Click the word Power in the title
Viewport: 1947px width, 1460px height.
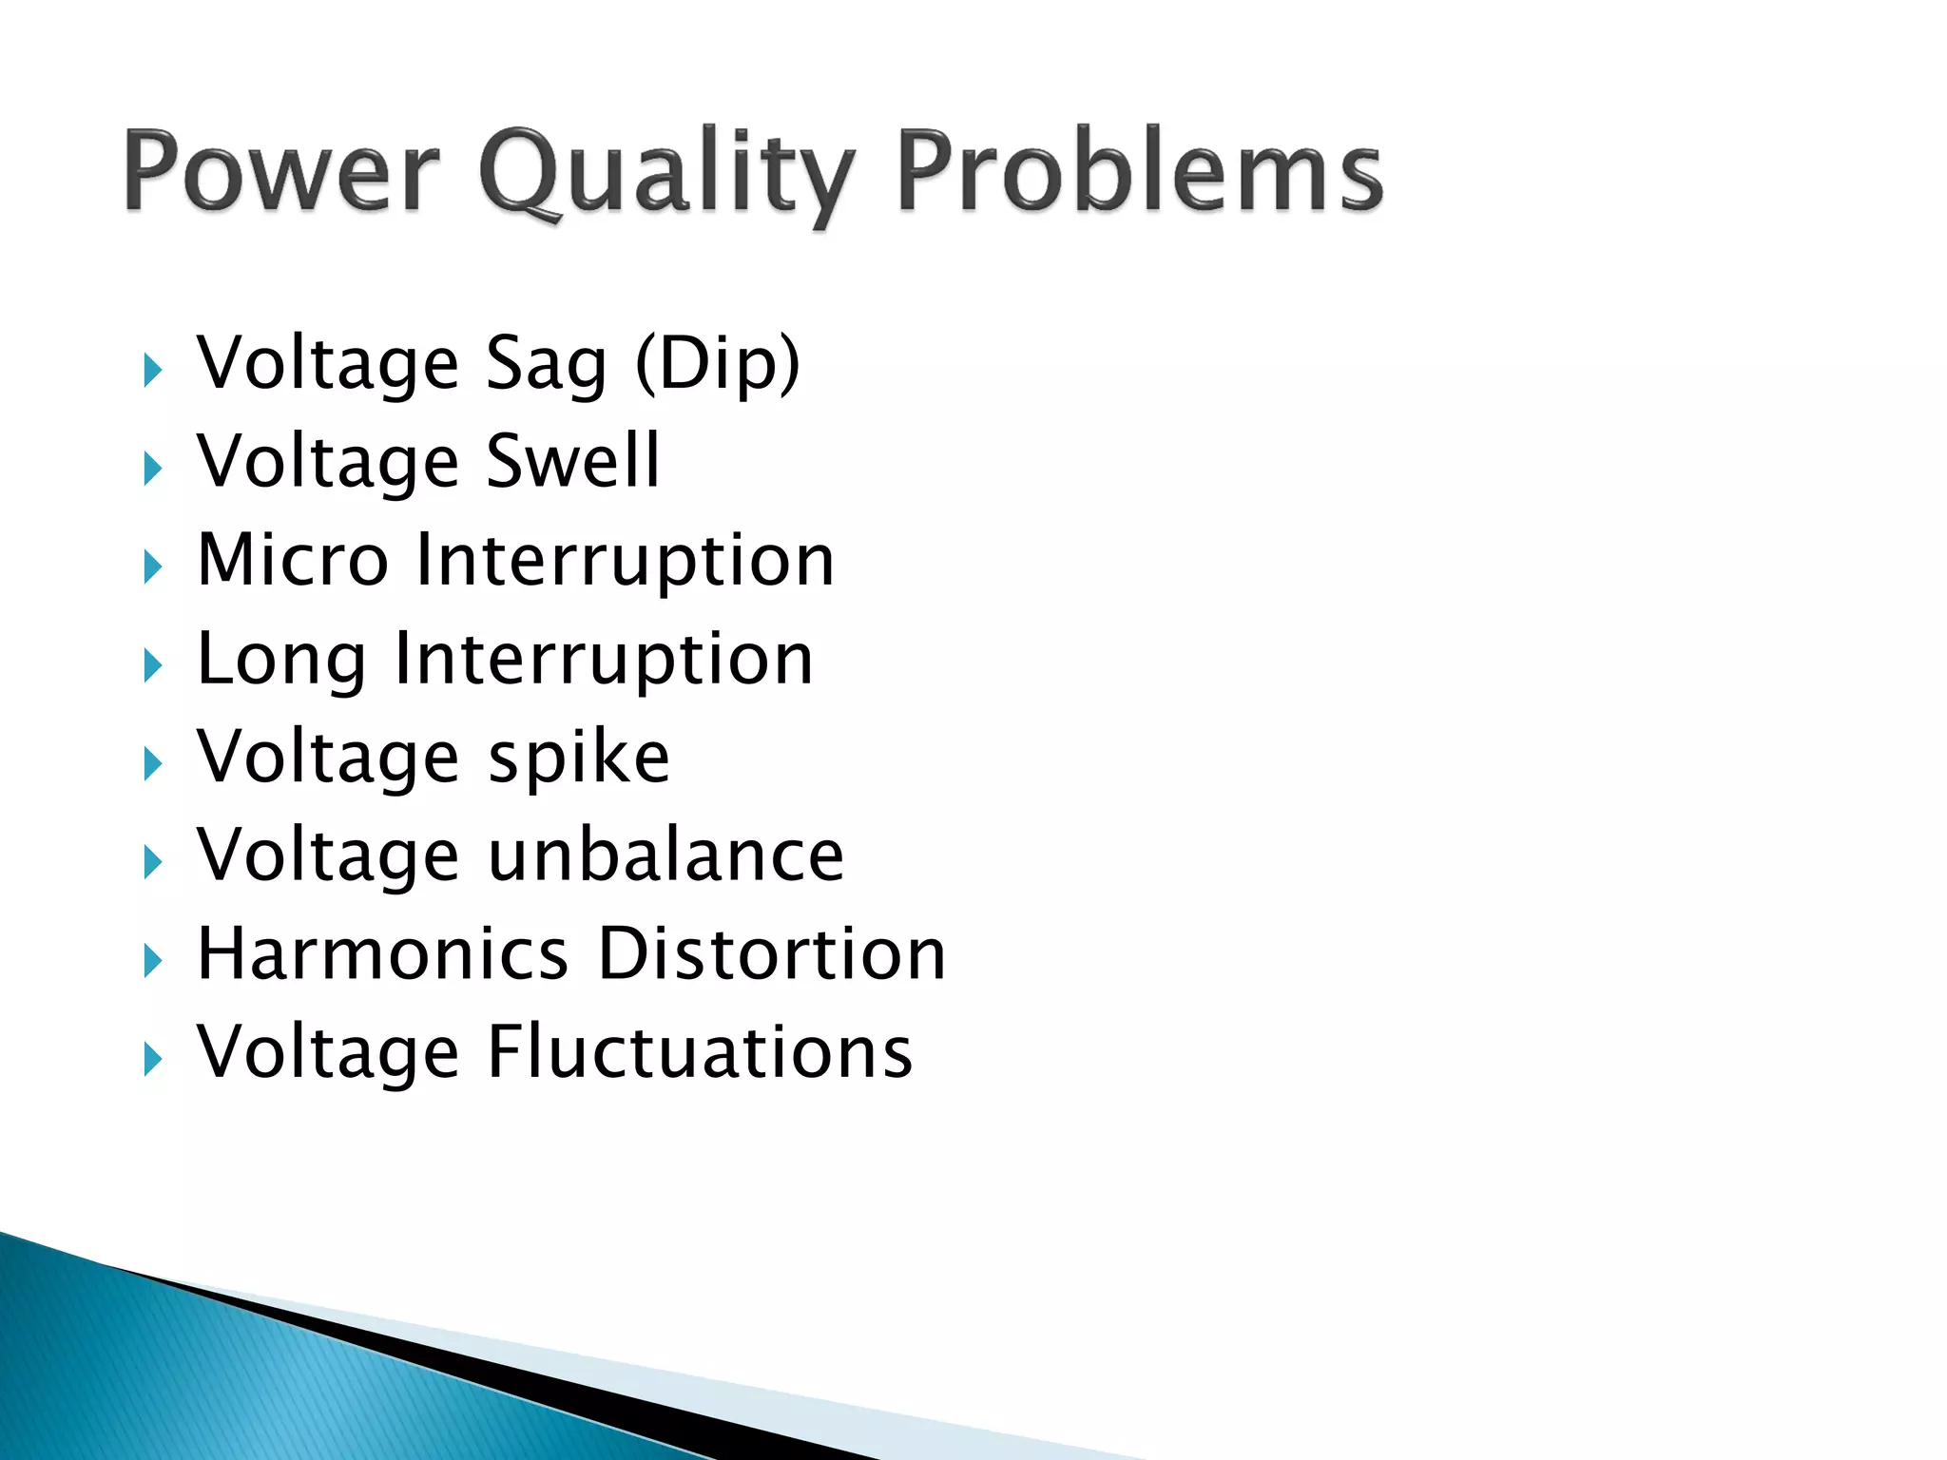[281, 171]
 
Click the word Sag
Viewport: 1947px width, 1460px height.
[546, 365]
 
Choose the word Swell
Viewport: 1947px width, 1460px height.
[572, 461]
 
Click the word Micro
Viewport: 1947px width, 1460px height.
[293, 560]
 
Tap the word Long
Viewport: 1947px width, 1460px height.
[280, 660]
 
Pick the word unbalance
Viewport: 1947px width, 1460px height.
[665, 855]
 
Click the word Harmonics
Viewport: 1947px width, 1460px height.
[382, 954]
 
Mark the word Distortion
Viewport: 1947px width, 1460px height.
[772, 954]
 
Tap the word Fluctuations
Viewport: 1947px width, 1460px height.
[700, 1053]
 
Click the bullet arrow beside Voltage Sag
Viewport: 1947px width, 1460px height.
[152, 371]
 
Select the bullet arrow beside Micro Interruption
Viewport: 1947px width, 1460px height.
[152, 567]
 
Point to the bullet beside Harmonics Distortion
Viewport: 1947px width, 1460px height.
[152, 961]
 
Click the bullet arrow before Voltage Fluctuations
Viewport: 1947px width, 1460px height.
[152, 1059]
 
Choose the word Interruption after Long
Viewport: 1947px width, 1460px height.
[604, 660]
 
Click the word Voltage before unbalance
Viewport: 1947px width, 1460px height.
[328, 855]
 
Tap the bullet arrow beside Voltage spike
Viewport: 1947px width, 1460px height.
[152, 764]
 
